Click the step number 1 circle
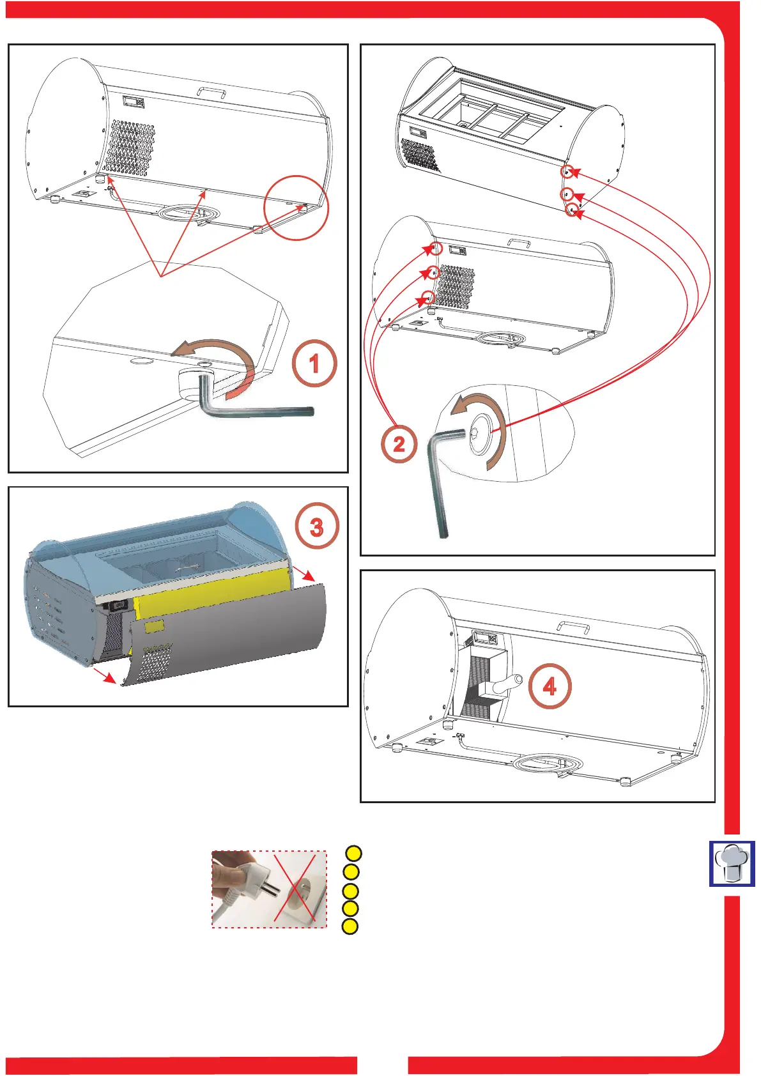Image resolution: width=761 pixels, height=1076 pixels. tap(314, 364)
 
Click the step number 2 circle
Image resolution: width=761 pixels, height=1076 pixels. tap(399, 443)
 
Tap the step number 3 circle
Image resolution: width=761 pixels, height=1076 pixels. tap(317, 527)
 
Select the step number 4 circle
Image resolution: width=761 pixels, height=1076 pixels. tap(550, 686)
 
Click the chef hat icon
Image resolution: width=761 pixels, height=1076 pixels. tap(732, 863)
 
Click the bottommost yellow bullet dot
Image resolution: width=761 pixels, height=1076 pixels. tap(350, 926)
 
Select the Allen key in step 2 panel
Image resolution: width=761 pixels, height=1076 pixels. tap(440, 479)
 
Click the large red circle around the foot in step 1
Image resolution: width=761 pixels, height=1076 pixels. tap(296, 208)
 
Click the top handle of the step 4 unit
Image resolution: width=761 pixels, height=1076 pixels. tap(573, 626)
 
